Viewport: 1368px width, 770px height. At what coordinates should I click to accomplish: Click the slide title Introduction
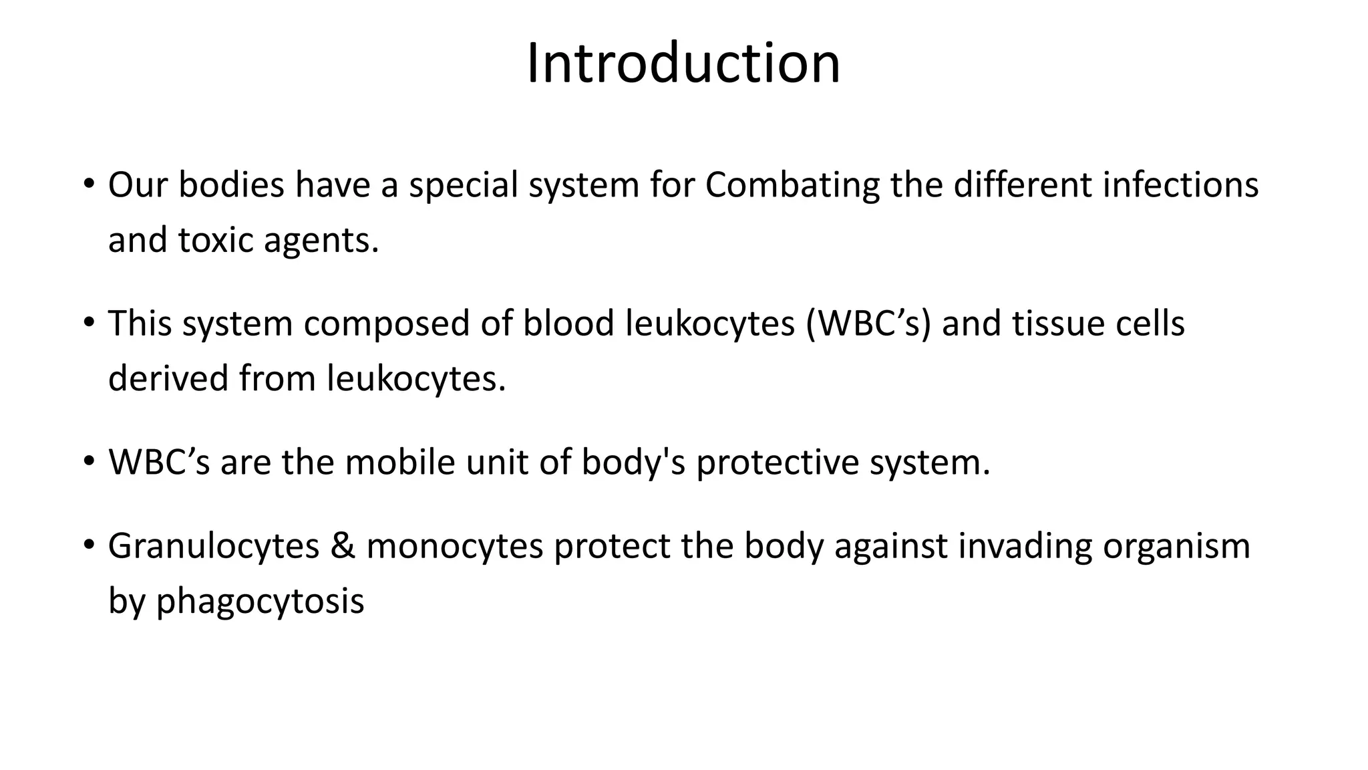click(683, 63)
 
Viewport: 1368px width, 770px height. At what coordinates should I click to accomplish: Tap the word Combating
click(792, 185)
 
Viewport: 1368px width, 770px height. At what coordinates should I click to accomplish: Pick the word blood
click(568, 324)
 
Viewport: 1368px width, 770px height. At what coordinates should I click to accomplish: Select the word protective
click(777, 462)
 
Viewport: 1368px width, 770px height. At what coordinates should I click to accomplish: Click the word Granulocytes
click(214, 545)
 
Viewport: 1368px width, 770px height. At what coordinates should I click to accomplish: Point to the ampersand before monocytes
click(343, 545)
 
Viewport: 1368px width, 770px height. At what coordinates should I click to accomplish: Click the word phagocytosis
click(260, 601)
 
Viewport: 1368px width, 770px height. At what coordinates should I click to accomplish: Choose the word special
click(464, 185)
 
